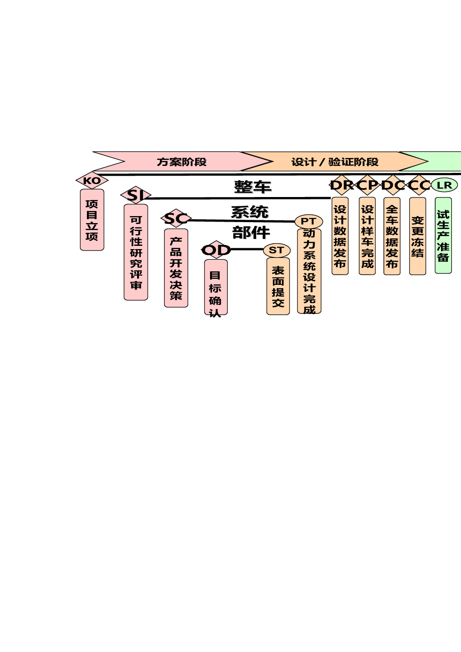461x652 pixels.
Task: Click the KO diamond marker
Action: tap(92, 180)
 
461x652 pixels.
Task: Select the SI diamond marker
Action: tap(136, 195)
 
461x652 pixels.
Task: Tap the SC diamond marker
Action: tap(176, 218)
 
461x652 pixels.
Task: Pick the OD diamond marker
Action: tap(216, 250)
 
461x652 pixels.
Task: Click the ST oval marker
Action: tap(277, 250)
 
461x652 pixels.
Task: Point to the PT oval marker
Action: tap(309, 222)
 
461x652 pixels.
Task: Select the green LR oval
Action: tap(444, 185)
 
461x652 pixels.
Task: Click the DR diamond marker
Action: tap(342, 185)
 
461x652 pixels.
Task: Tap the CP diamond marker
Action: tap(368, 185)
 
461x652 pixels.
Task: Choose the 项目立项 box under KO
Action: tap(92, 220)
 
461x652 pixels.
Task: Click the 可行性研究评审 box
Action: tap(136, 252)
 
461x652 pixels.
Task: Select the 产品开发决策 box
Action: tap(176, 268)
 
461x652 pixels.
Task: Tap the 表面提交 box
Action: tap(278, 286)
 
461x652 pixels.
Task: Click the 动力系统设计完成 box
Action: tap(309, 271)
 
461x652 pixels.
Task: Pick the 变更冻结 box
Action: tap(417, 237)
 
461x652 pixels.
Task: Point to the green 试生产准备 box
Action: tap(443, 236)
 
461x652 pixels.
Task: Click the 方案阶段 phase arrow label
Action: tap(182, 162)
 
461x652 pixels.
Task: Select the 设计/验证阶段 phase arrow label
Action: tap(335, 162)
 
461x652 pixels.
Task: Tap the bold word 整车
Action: tap(252, 187)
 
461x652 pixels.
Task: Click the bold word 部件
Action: tap(251, 232)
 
